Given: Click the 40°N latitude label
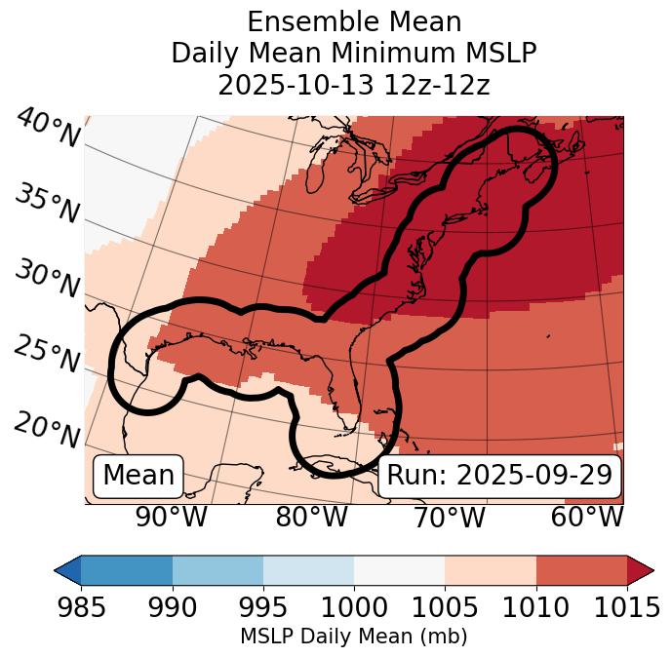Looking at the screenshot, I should (47, 129).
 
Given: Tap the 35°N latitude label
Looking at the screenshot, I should (47, 204).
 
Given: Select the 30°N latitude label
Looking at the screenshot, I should (47, 280).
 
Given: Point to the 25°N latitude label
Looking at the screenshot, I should (47, 355).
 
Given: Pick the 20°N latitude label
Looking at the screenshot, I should (47, 430).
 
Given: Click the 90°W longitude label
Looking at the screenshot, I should (171, 517).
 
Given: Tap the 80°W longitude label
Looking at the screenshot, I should (312, 517).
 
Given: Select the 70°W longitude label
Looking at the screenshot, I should (449, 517).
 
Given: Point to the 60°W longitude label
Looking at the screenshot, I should (587, 517).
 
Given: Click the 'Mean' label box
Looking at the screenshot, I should (138, 476).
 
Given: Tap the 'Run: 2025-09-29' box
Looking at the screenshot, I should (499, 476).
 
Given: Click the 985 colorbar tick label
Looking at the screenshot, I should (81, 608).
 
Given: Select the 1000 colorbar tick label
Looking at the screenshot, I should (354, 608).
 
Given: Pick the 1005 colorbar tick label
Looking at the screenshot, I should (445, 608).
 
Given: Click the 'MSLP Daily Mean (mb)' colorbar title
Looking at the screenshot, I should (353, 638).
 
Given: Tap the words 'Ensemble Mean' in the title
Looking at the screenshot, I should (354, 21).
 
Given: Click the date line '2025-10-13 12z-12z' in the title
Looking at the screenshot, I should (354, 85).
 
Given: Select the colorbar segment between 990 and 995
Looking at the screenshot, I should (217, 569).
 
